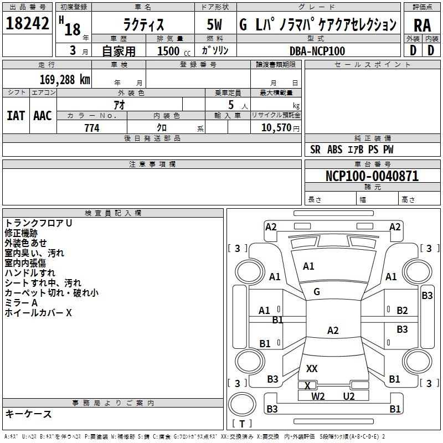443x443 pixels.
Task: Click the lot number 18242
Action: coord(27,23)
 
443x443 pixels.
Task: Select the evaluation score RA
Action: coord(422,25)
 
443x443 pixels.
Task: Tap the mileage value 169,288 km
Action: coord(65,80)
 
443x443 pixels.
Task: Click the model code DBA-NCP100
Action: coord(317,51)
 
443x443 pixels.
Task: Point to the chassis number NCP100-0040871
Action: coord(372,176)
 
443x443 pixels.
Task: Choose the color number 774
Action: coord(92,128)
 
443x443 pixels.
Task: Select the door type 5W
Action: coord(214,24)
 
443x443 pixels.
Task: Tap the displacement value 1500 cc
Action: coord(174,51)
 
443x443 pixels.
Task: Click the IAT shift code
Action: coord(16,116)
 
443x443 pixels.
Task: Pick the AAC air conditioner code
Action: coord(43,116)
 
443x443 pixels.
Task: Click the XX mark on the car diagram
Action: coord(312,368)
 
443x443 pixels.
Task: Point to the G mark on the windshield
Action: coord(317,292)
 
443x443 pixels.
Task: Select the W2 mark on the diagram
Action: coord(318,396)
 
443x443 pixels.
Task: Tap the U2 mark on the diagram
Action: coord(349,396)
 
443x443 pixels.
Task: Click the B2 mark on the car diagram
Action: coord(402,311)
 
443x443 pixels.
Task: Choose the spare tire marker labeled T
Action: coord(242,424)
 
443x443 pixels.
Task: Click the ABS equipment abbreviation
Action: coord(335,150)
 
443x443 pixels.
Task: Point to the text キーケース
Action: coord(28,414)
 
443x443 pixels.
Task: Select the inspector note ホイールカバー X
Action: coord(38,313)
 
